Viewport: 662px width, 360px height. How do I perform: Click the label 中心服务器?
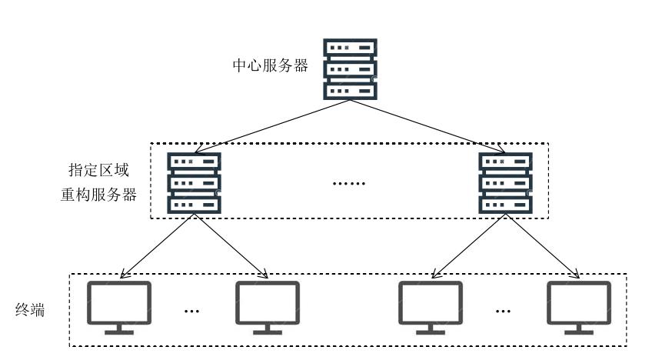coord(270,66)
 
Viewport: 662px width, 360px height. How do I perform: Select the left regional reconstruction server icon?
coord(195,183)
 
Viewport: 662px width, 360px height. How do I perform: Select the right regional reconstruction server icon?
coord(505,183)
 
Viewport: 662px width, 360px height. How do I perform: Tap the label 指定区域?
coord(98,170)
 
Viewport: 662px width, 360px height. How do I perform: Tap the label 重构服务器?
coord(98,195)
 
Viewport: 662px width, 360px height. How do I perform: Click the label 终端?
coord(31,310)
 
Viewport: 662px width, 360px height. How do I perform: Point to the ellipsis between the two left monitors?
coord(192,311)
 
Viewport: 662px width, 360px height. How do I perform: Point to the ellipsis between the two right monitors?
coord(504,311)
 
